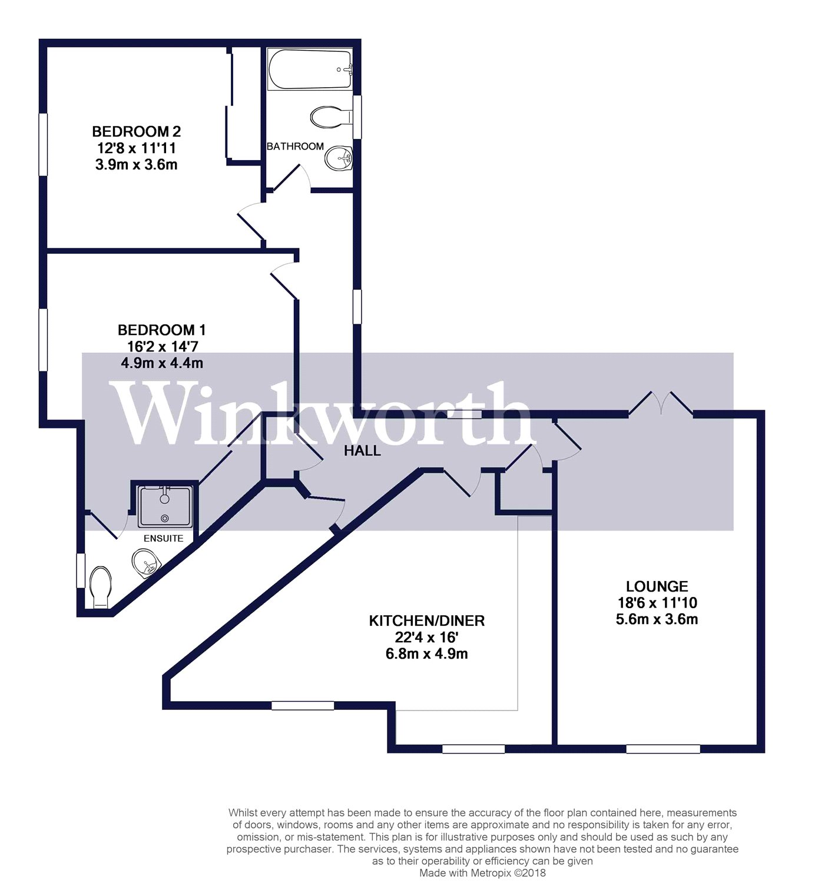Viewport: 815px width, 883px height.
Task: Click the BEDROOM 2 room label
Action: point(136,131)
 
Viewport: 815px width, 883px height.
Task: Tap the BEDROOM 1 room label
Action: point(162,330)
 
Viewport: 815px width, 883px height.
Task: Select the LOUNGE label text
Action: point(657,586)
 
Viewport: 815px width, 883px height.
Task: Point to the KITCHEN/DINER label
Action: point(426,620)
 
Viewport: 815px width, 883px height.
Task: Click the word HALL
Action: point(362,451)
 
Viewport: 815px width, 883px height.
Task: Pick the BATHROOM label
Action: point(295,146)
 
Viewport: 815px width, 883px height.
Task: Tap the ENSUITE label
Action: point(163,538)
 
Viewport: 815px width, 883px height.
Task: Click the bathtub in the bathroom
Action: point(310,69)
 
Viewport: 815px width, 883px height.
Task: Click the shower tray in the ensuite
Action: point(164,506)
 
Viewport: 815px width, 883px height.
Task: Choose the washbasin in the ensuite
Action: point(145,563)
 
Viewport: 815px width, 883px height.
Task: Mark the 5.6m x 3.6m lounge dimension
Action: point(657,619)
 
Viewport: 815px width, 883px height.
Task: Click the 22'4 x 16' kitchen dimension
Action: point(426,637)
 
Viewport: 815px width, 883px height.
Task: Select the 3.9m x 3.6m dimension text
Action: point(136,165)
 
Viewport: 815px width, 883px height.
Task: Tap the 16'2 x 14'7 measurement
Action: point(162,346)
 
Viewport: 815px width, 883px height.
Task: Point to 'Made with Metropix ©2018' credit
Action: point(482,872)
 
